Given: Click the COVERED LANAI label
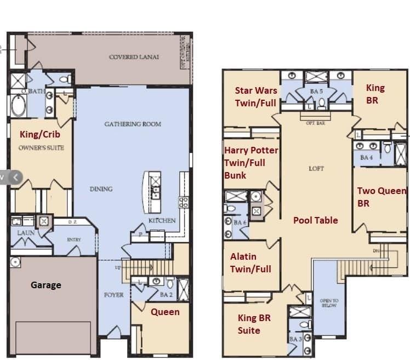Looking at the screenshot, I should tap(134, 57).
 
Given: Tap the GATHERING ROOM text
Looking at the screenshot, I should tap(133, 124).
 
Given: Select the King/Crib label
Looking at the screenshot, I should tap(40, 134).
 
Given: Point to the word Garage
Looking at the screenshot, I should tap(45, 285).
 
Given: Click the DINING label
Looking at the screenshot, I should tap(101, 189).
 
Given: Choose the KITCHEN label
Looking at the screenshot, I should tap(162, 220).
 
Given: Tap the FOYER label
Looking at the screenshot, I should tap(114, 295).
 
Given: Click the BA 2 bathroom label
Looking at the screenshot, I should tap(166, 295).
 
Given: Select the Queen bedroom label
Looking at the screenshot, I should tap(165, 312).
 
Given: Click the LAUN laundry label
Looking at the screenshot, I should tap(26, 233).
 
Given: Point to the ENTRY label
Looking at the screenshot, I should tap(74, 240).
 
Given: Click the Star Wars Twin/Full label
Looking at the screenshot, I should tap(256, 96).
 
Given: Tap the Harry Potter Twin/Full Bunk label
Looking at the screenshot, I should tap(250, 163).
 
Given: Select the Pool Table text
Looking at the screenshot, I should tap(315, 220).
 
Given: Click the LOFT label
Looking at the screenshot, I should tap(317, 169).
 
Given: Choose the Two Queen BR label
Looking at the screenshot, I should tap(381, 197).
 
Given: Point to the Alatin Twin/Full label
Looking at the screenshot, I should tap(250, 262).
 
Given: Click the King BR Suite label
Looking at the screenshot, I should tap(254, 324).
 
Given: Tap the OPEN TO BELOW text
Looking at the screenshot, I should tap(328, 303).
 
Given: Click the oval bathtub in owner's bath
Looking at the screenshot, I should tap(18, 106).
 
